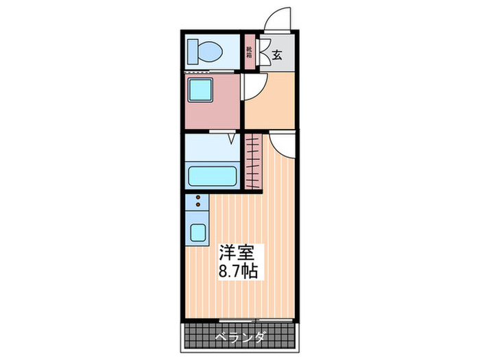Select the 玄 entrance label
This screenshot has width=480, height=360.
pos(277,56)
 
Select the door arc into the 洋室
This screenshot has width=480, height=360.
pos(281,144)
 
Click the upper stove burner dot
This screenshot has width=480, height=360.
pos(199,197)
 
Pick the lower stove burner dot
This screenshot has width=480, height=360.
pos(199,205)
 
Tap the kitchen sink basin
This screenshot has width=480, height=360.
pos(199,232)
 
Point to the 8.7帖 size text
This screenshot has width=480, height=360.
pos(239,271)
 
